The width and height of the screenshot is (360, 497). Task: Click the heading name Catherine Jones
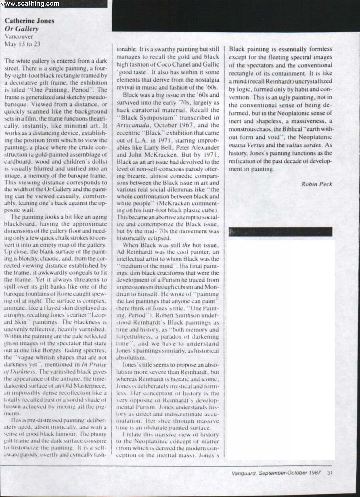pyautogui.click(x=29, y=21)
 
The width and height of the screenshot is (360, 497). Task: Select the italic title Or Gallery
pyautogui.click(x=21, y=29)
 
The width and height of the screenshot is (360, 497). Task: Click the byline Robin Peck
pyautogui.click(x=316, y=184)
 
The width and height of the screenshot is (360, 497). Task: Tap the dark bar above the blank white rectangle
pyautogui.click(x=280, y=232)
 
